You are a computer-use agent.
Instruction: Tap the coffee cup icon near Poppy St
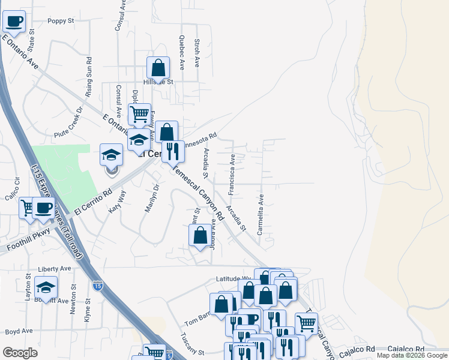click(x=15, y=22)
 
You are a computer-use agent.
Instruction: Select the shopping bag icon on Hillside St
click(x=158, y=67)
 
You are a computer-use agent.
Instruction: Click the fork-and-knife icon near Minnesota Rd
click(x=173, y=151)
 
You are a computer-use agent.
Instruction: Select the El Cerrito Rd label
click(x=94, y=202)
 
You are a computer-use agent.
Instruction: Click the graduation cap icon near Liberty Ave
click(x=46, y=287)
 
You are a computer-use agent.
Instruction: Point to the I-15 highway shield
click(x=98, y=287)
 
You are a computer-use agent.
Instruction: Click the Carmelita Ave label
click(x=261, y=213)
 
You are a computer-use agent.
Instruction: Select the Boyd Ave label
click(x=19, y=331)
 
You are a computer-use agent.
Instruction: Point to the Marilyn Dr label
click(x=151, y=198)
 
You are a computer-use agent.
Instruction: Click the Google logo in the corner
click(x=20, y=353)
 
